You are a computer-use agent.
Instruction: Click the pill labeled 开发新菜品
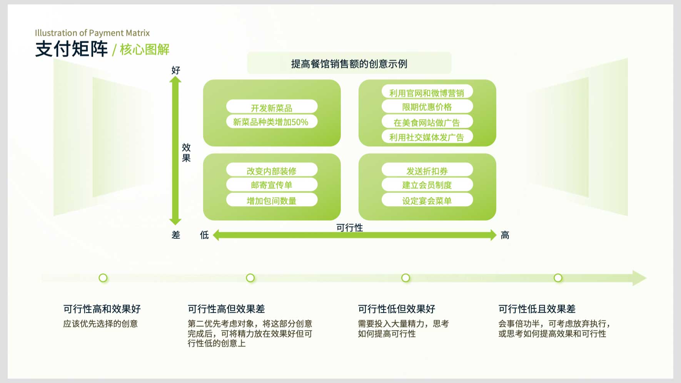click(272, 107)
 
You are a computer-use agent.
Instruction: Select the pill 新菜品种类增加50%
click(272, 122)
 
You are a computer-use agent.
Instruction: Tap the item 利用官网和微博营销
click(427, 92)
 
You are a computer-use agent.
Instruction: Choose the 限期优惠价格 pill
click(427, 107)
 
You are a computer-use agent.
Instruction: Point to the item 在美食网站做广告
click(427, 122)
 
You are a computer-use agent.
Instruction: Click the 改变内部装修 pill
click(272, 170)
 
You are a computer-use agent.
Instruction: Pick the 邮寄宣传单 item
click(272, 185)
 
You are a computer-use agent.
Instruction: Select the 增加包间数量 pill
click(272, 200)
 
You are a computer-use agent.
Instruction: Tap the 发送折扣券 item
click(427, 170)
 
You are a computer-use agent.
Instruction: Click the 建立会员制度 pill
click(427, 185)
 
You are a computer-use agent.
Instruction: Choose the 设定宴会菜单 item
click(427, 200)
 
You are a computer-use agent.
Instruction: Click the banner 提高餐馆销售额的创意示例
click(349, 63)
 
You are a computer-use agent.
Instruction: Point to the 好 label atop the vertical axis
click(176, 70)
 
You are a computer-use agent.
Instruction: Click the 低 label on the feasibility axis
click(204, 235)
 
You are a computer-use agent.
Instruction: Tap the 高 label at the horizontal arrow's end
click(505, 235)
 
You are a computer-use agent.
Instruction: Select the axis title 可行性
click(350, 228)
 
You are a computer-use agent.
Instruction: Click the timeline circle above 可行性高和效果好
click(103, 278)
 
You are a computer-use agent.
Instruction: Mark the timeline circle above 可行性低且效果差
click(558, 278)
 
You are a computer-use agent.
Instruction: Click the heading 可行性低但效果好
click(397, 309)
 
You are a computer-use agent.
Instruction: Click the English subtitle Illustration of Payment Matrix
click(92, 33)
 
